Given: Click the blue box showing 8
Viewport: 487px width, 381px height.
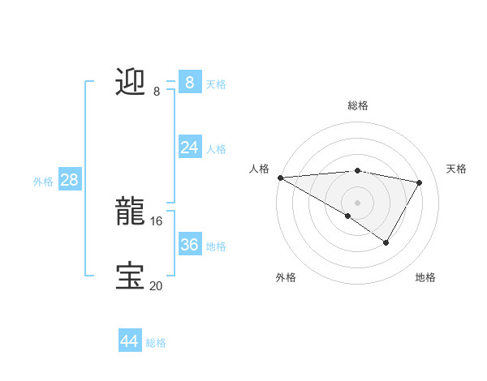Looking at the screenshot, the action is [189, 82].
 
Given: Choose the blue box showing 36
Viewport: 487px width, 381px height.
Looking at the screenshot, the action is [189, 244].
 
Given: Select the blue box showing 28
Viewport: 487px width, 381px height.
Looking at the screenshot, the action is [69, 180].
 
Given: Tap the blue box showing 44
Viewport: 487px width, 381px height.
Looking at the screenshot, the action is [129, 341].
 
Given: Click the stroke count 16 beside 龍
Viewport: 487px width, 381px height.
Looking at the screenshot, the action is [156, 220].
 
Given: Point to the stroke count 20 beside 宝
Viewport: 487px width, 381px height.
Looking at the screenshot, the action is [156, 285].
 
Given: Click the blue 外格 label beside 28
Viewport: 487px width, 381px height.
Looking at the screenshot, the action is [43, 182].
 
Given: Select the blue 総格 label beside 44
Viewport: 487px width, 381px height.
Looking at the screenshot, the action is [156, 343].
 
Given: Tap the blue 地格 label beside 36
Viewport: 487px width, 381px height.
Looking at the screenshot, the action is [216, 246].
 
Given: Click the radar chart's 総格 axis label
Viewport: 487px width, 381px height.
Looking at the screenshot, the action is [357, 105].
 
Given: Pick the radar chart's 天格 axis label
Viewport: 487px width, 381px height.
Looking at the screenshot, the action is [456, 169].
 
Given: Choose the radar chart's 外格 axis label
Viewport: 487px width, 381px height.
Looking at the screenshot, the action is [286, 277].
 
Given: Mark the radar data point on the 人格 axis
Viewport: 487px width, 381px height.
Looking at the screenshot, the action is [280, 177].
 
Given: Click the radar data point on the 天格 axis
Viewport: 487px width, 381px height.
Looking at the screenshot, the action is [419, 182].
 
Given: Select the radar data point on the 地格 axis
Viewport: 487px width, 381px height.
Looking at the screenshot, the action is [386, 242].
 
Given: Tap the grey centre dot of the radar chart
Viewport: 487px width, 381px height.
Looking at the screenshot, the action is [357, 202].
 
